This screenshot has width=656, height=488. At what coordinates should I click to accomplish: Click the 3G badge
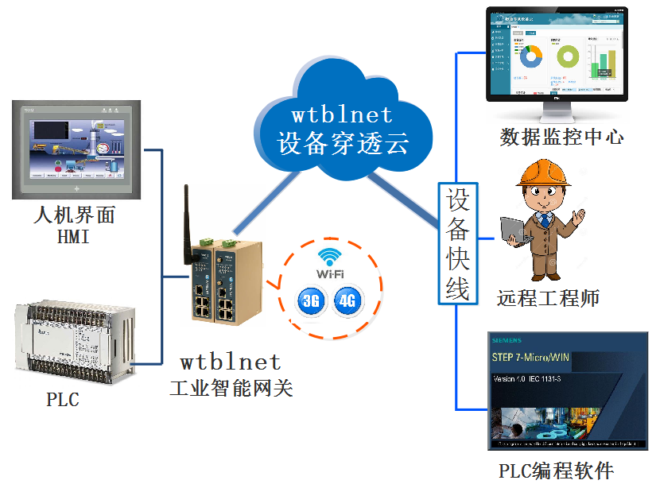[x=309, y=300]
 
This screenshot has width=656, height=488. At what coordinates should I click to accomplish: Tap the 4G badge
[x=347, y=300]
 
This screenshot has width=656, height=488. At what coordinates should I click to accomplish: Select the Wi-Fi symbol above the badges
[x=328, y=258]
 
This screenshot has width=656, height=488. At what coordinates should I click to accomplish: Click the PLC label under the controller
[x=63, y=399]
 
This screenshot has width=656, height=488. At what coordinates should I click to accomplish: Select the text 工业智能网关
[x=231, y=389]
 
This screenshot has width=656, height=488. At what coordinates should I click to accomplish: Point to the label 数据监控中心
[x=561, y=137]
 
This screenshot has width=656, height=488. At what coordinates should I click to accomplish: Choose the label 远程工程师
[x=548, y=298]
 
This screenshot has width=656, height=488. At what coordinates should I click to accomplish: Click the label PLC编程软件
[x=556, y=470]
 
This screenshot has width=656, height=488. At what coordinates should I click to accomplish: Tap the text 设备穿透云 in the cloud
[x=343, y=144]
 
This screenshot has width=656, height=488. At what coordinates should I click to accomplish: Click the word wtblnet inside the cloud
[x=343, y=113]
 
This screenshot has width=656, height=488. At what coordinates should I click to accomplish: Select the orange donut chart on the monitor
[x=530, y=56]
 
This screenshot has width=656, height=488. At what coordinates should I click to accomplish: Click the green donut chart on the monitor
[x=567, y=56]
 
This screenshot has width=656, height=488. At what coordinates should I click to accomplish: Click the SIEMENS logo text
[x=506, y=339]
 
